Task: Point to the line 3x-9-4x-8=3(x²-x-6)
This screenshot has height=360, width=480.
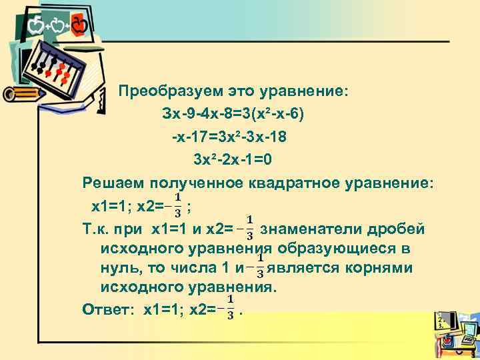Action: click(x=233, y=114)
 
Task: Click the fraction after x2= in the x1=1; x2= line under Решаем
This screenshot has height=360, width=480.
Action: click(x=178, y=206)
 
